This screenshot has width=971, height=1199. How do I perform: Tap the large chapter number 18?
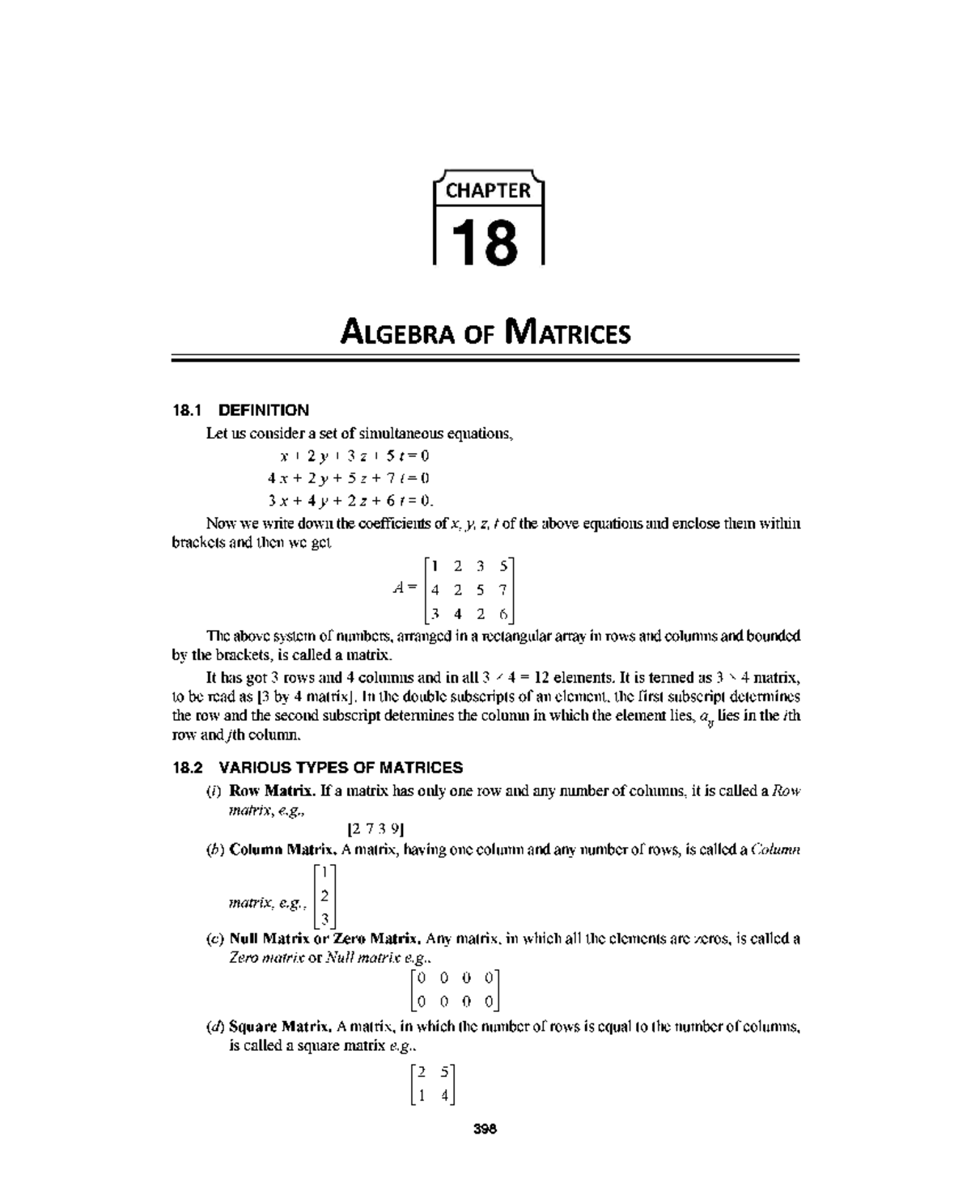point(484,242)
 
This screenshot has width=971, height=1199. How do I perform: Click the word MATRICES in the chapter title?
point(566,333)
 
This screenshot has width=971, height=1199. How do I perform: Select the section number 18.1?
point(188,410)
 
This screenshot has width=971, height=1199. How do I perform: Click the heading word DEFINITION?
point(264,410)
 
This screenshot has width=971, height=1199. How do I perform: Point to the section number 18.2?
point(188,767)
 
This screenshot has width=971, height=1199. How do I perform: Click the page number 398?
point(485,1129)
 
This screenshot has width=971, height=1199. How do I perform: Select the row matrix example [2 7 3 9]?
point(375,828)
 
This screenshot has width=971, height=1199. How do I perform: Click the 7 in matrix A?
point(502,590)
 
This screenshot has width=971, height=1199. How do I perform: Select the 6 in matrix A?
point(502,614)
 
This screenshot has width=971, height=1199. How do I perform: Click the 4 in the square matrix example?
point(444,1096)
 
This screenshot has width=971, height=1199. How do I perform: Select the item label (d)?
point(215,1027)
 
